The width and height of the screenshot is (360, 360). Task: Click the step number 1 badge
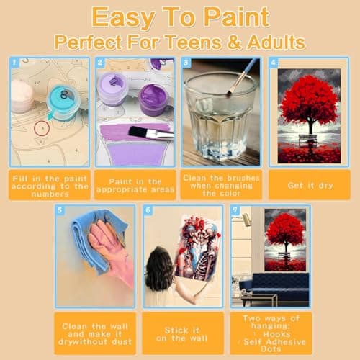[x=13, y=62]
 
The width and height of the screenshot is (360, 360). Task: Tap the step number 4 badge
[x=273, y=62]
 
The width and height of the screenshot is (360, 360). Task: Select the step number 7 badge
[x=235, y=210]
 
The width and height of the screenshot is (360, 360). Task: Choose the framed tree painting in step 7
[x=285, y=239]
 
